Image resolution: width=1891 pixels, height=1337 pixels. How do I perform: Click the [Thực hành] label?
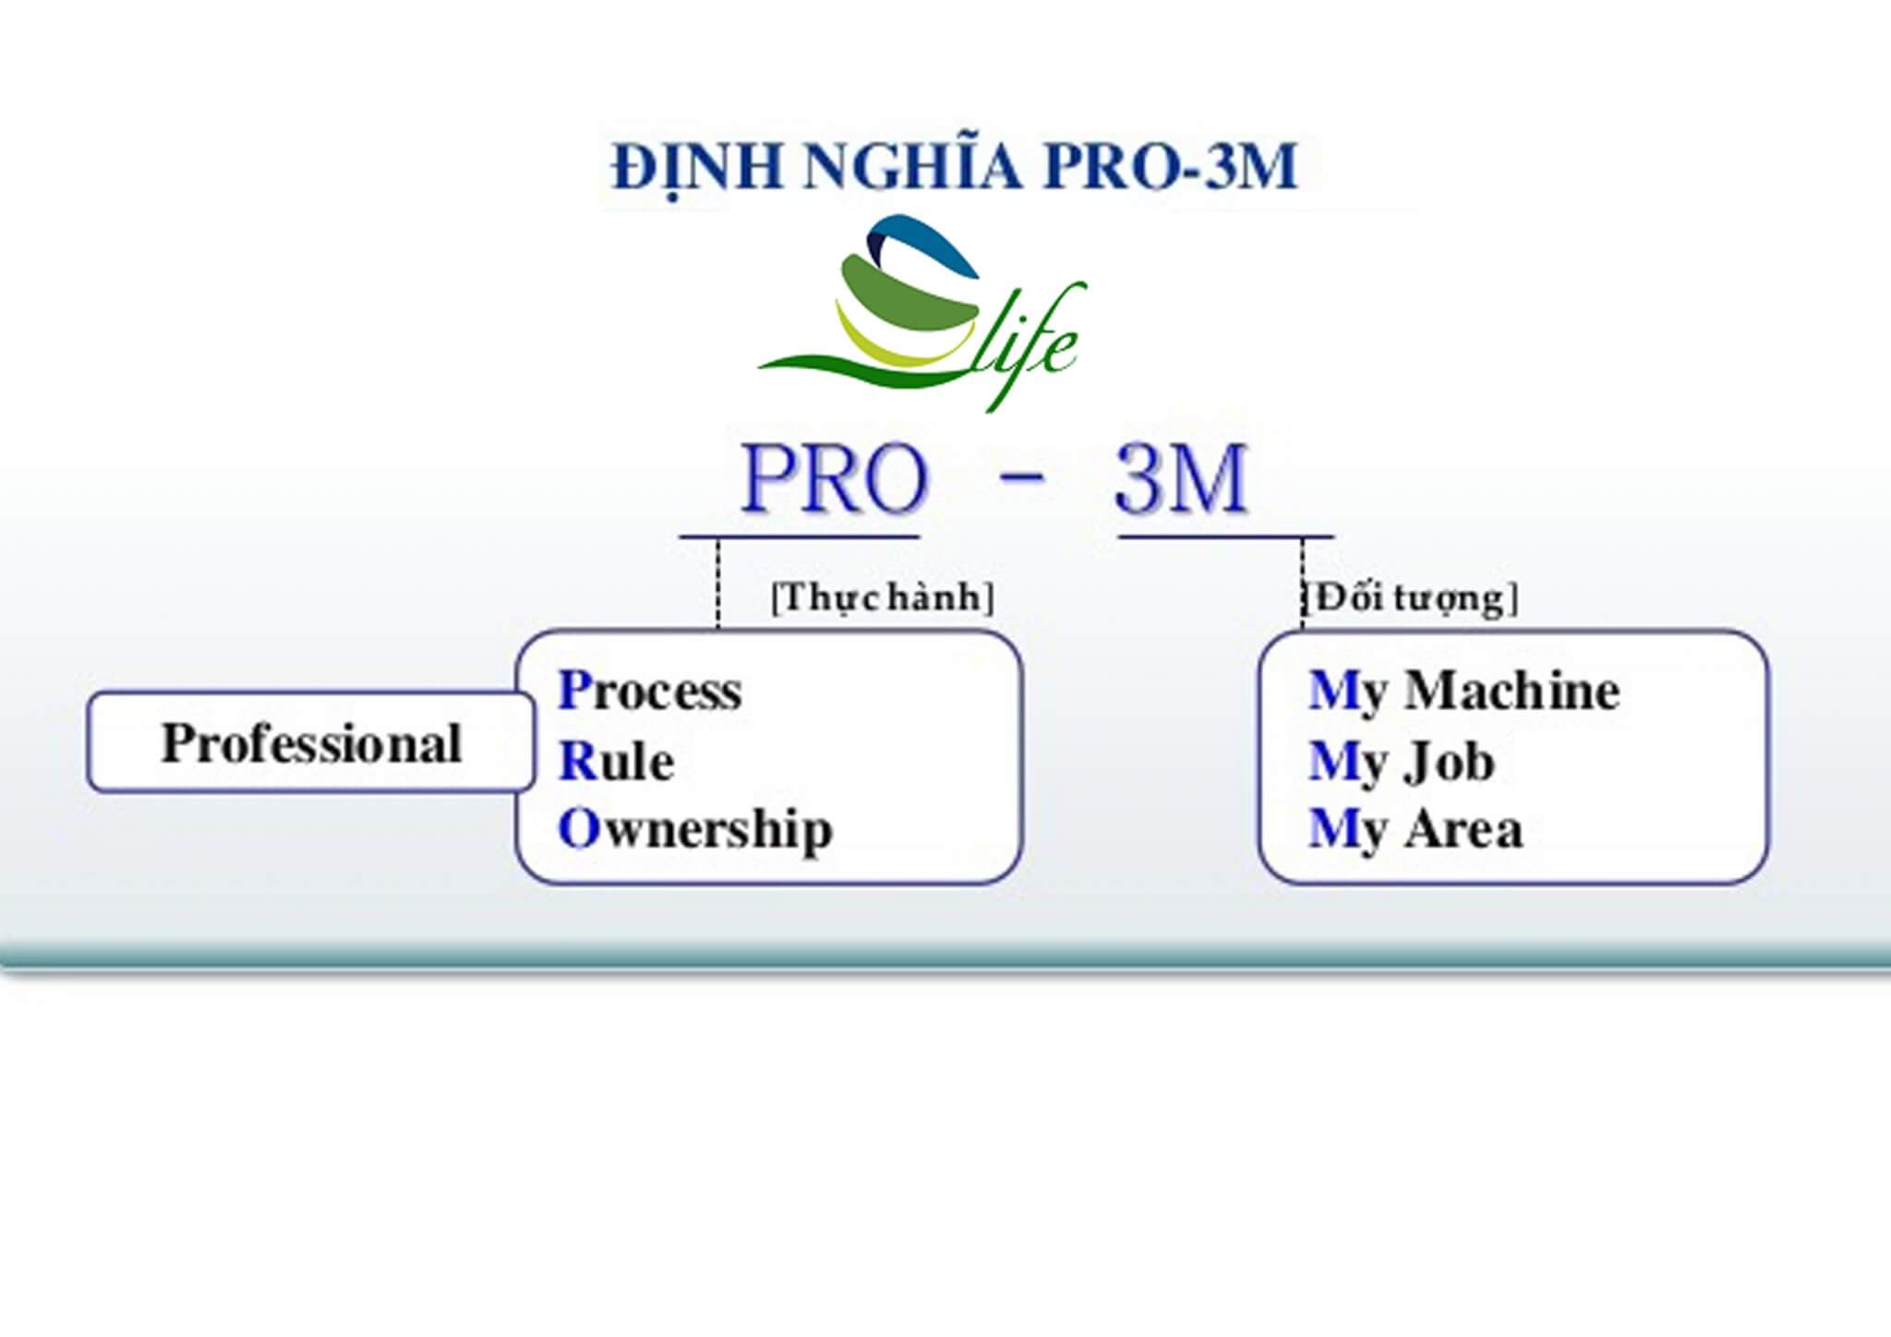coord(882,598)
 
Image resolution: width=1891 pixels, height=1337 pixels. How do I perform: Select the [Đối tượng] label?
coord(1410,598)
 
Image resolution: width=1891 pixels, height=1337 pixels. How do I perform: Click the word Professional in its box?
coord(311,743)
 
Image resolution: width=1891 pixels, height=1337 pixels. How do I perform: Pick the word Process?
coord(650,692)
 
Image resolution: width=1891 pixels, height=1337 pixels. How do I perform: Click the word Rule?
coord(617,762)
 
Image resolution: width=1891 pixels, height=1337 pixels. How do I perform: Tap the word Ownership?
coord(695,829)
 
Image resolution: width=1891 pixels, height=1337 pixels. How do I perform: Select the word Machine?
coord(1512,692)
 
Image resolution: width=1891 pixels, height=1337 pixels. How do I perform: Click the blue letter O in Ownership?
coord(578,829)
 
